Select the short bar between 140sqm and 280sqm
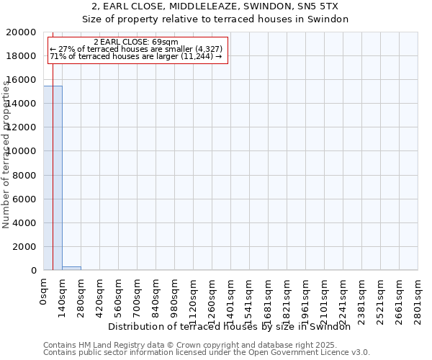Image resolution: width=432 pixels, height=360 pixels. (71, 268)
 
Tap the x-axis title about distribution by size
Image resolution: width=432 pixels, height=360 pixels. (234, 326)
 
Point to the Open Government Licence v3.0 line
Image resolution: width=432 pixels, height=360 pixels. (207, 352)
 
